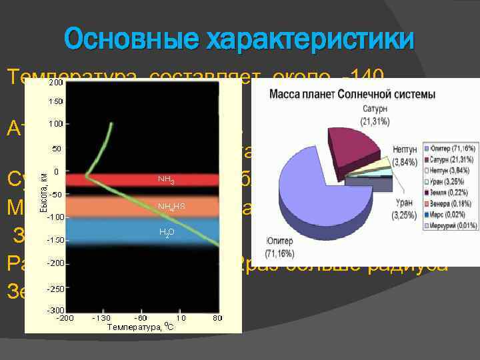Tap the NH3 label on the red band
tap(166, 181)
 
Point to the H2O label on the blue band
tap(166, 233)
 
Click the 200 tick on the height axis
tap(55, 83)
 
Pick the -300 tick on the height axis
tap(54, 311)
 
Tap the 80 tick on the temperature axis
tap(217, 319)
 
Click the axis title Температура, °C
tap(142, 327)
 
